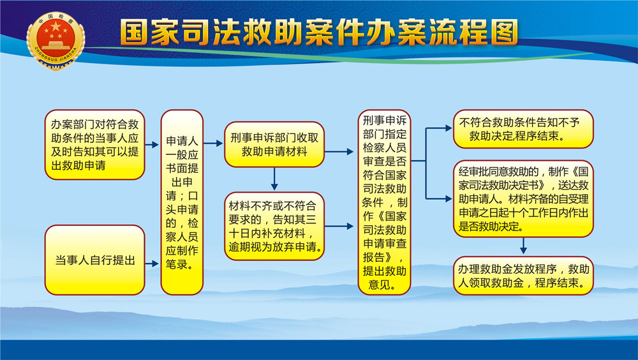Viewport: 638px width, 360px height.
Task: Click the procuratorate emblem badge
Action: (x=56, y=41)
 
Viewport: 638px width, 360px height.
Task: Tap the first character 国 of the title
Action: (x=134, y=32)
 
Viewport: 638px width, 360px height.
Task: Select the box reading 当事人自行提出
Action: (x=95, y=260)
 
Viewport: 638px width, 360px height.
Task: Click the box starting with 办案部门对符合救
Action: (x=95, y=144)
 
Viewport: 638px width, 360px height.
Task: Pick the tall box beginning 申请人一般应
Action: (x=182, y=202)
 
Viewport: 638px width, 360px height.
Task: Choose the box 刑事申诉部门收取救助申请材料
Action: (x=274, y=144)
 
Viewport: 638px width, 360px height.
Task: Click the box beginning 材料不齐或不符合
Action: (x=274, y=226)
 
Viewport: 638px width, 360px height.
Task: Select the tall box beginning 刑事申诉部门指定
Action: (x=385, y=202)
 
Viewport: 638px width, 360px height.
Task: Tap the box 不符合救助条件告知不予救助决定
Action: (x=523, y=129)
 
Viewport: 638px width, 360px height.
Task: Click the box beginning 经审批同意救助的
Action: (x=523, y=199)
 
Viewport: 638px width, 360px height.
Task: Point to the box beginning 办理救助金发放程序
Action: (x=523, y=275)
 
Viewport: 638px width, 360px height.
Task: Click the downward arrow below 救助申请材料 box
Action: (x=274, y=179)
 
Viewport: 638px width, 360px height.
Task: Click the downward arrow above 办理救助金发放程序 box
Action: (x=523, y=246)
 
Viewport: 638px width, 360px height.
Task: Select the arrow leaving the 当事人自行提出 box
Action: (x=152, y=264)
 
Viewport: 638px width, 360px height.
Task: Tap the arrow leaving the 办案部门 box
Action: (x=152, y=144)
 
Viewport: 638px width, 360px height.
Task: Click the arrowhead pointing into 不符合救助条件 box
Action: (x=449, y=128)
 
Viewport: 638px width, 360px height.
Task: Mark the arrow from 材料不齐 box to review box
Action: (x=339, y=226)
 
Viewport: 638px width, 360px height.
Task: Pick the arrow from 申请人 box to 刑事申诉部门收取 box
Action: (x=213, y=144)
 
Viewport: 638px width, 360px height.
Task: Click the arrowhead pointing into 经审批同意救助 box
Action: (x=449, y=199)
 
